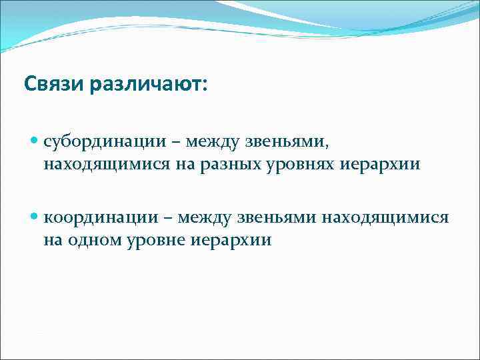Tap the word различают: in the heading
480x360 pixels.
pyautogui.click(x=146, y=85)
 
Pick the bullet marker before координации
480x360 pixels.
pyautogui.click(x=35, y=217)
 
